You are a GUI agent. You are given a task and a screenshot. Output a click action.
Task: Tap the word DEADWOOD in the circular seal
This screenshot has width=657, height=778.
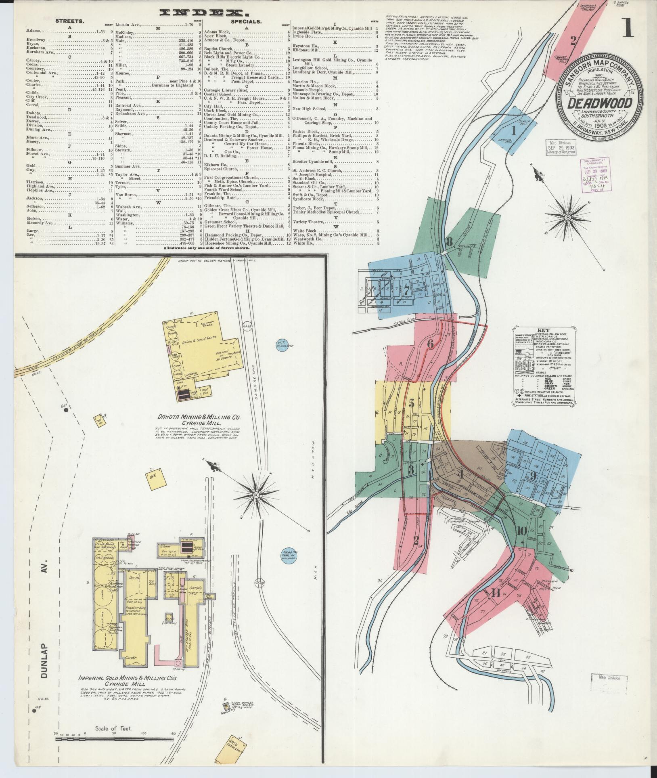(x=600, y=104)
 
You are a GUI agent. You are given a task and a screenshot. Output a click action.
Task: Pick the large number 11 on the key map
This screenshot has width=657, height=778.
(x=496, y=593)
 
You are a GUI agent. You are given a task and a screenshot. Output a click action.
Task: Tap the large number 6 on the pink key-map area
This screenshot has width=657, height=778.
(x=430, y=344)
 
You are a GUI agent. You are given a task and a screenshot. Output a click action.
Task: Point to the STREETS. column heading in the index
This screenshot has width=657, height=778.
(x=69, y=21)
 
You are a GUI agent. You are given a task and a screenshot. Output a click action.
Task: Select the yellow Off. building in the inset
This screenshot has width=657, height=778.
(x=153, y=479)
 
